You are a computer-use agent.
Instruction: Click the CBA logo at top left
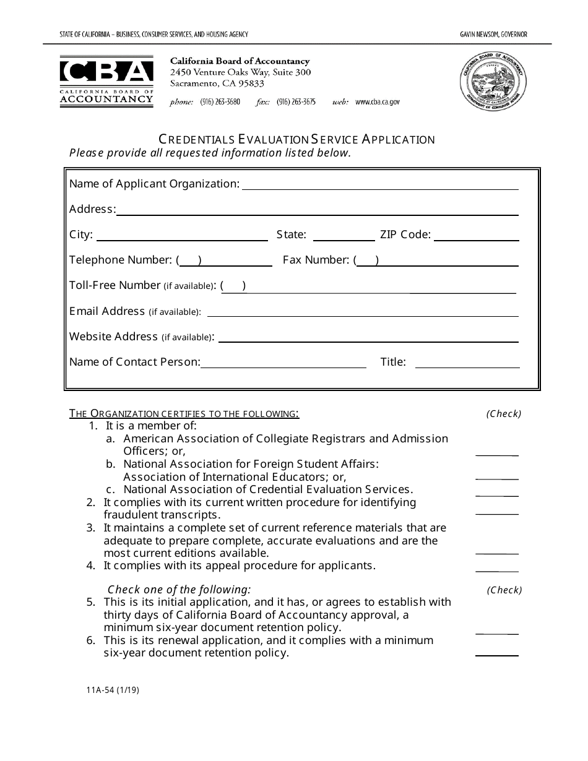tap(106, 82)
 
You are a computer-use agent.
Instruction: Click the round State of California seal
tap(493, 82)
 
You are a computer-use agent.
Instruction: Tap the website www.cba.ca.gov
tap(378, 102)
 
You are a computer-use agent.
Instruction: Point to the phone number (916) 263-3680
tap(220, 102)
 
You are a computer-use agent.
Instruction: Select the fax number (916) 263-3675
tap(296, 102)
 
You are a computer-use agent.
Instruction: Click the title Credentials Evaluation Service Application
tap(296, 139)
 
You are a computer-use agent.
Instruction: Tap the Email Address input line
tap(362, 314)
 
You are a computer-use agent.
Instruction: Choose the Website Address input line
tap(368, 339)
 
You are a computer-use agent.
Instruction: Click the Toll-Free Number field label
tap(115, 285)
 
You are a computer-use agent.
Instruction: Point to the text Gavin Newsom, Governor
tap(493, 35)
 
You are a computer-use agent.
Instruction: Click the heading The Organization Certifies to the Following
tap(184, 413)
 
